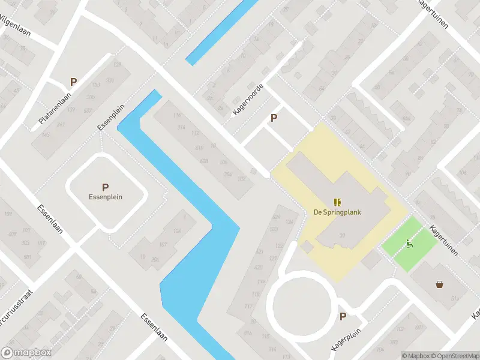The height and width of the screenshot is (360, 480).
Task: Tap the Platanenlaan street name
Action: coord(55,108)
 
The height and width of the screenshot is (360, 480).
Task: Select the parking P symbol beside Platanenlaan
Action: coord(73,82)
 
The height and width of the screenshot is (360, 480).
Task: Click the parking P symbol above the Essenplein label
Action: coord(105,187)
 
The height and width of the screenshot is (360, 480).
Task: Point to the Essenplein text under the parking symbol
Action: coord(105,197)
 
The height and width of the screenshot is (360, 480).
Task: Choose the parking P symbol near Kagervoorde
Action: coord(274,118)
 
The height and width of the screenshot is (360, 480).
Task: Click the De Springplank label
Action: coord(337,212)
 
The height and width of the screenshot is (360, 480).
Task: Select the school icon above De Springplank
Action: coord(337,202)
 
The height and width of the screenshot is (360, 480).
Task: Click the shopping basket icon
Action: coord(440,284)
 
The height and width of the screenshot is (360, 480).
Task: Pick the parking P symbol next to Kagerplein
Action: coord(343,317)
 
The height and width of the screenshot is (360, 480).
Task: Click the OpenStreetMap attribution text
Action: coord(453,356)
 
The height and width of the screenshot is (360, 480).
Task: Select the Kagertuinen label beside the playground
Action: coord(444,241)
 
